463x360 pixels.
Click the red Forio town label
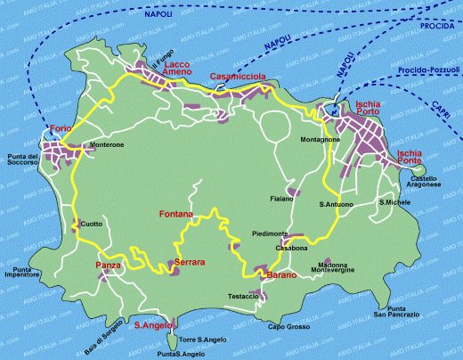click(60, 127)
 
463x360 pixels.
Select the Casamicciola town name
click(238, 78)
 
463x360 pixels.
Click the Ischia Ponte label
click(416, 158)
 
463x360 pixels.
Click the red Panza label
click(107, 266)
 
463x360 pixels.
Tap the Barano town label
click(281, 276)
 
